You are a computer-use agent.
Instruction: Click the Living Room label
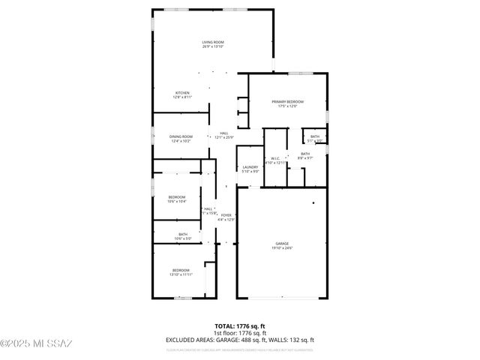(213, 42)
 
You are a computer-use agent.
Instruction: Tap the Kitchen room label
(182, 93)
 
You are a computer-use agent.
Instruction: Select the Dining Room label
(182, 136)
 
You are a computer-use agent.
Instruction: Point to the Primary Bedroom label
(288, 101)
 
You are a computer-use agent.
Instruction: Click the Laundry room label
(250, 167)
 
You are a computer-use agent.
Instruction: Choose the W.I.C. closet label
(275, 158)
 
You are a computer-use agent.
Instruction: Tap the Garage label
(282, 243)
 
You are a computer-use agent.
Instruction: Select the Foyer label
(226, 215)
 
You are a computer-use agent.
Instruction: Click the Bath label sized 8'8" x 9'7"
(305, 154)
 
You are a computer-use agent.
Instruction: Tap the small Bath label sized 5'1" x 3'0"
(315, 136)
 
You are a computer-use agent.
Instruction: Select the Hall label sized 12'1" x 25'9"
(224, 133)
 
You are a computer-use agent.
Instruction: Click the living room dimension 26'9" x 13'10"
(213, 46)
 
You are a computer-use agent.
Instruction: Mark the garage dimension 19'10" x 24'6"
(282, 247)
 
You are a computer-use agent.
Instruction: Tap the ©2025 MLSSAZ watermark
(36, 344)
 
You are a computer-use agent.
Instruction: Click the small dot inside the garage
(314, 203)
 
